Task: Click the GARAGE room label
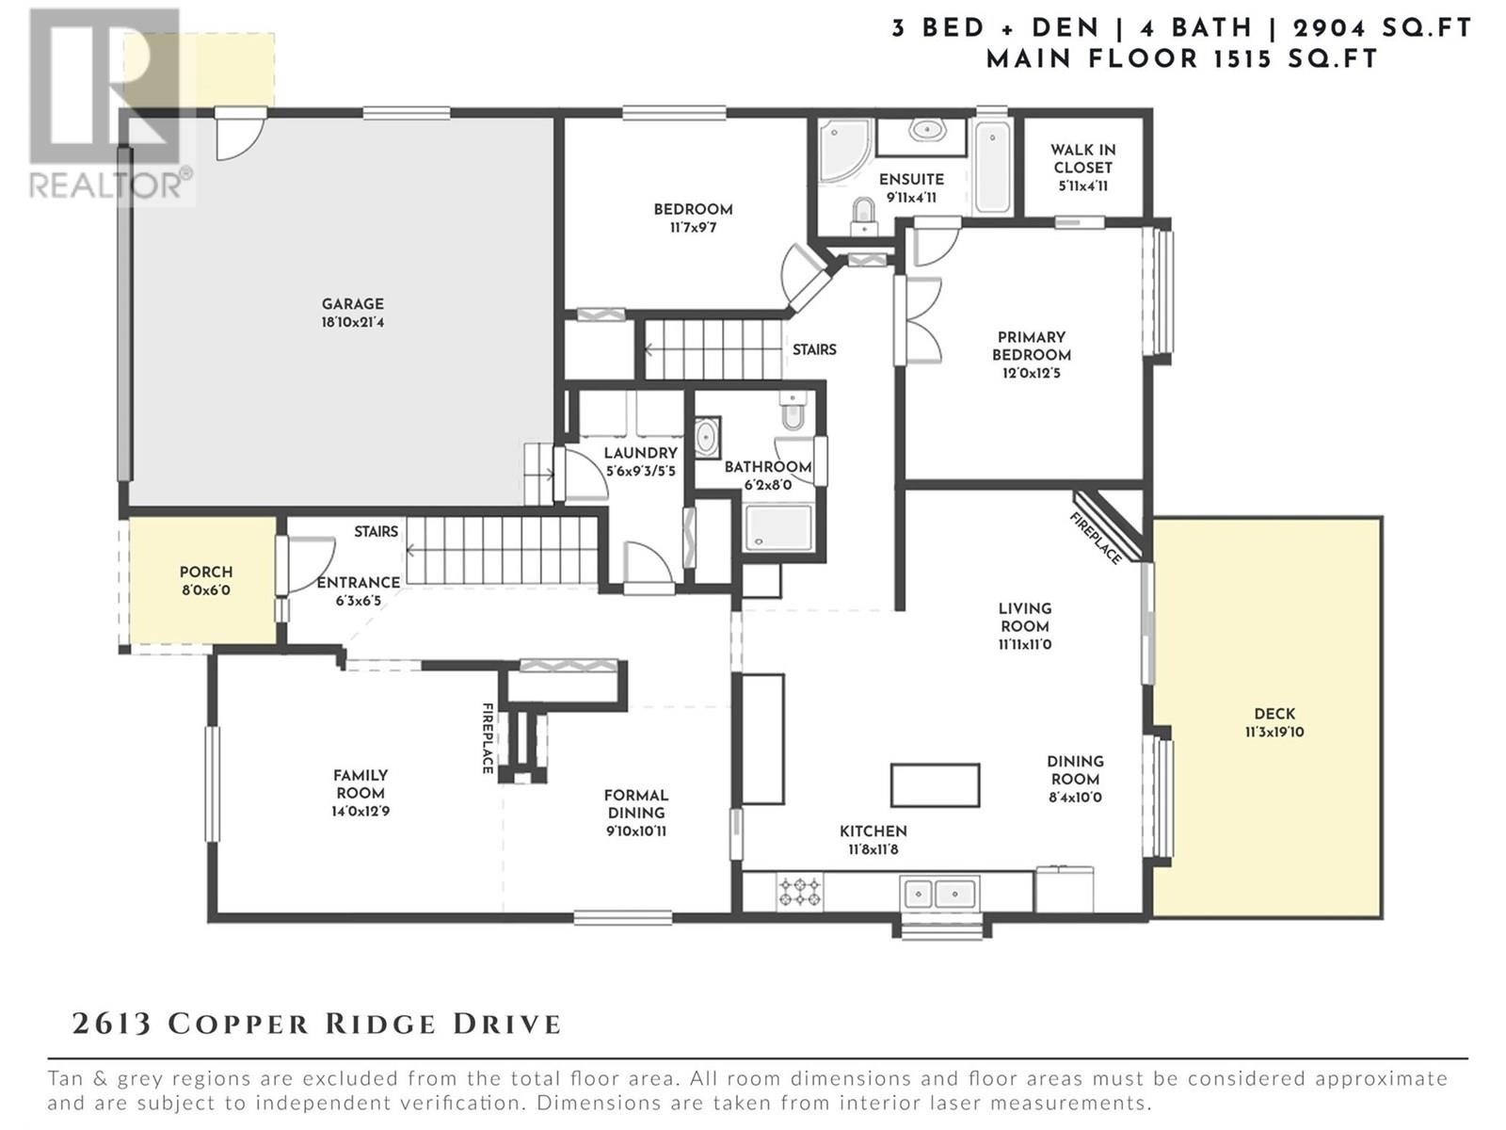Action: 353,304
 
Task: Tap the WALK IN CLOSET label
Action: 1082,158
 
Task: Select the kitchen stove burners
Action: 799,892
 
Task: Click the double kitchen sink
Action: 939,894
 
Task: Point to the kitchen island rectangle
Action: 935,785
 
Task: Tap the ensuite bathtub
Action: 992,167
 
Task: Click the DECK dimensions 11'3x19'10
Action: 1274,732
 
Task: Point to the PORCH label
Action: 206,572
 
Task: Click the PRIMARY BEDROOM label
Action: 1032,346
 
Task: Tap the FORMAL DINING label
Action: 635,803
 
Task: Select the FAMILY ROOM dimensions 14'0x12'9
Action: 360,811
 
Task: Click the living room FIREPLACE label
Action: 1096,539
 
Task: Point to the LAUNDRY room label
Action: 640,453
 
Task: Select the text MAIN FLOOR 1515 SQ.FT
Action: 1181,59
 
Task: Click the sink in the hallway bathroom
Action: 707,437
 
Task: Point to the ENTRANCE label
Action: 359,583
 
